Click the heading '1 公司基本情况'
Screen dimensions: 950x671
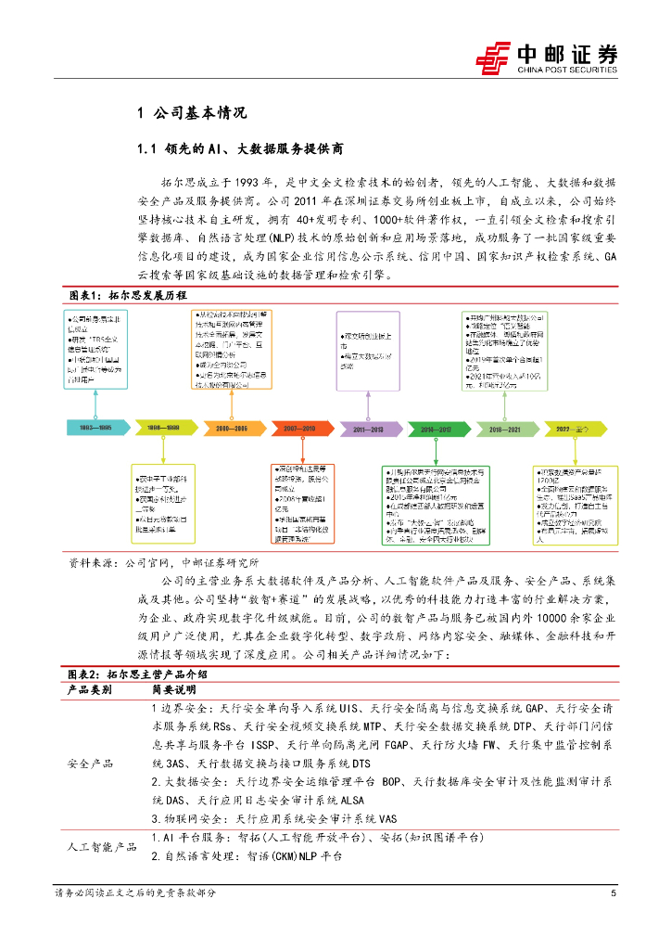point(192,114)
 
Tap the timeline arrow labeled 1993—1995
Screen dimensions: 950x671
point(96,428)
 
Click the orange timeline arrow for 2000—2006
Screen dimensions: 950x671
point(232,428)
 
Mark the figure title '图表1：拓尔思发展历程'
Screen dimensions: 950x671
point(128,294)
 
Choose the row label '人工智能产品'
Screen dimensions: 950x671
point(98,847)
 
